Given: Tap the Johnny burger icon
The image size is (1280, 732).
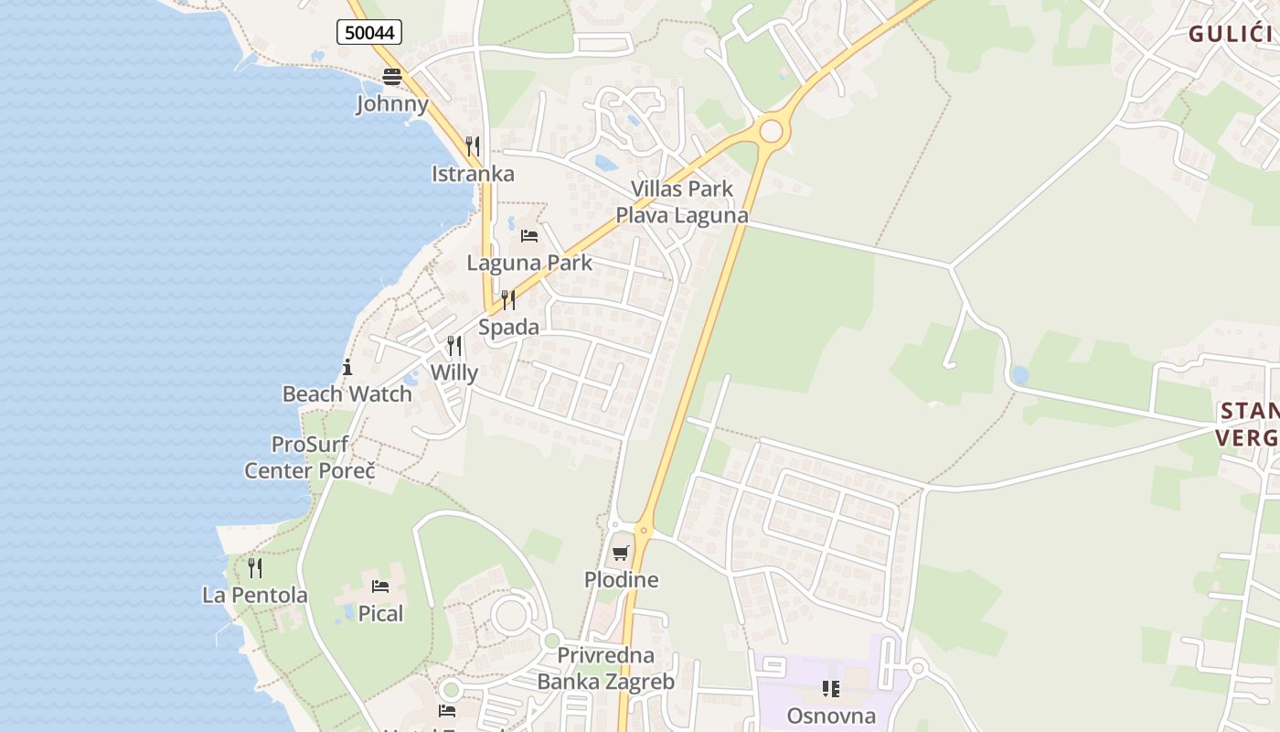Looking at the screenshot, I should click(x=392, y=76).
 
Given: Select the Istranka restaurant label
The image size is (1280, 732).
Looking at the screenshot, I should click(x=473, y=174).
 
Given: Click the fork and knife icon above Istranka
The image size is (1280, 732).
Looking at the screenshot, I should click(x=473, y=146).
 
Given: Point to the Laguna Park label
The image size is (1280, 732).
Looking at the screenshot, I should click(x=529, y=263).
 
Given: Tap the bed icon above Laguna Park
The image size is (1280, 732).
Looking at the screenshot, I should click(x=529, y=236).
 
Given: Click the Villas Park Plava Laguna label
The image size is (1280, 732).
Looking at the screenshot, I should click(x=681, y=202).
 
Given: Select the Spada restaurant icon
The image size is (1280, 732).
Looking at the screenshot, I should click(x=508, y=300).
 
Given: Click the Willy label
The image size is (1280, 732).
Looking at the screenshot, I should click(x=454, y=372).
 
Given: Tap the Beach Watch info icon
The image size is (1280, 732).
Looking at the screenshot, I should click(x=347, y=368).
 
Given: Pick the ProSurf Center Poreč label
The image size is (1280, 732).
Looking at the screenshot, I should click(x=310, y=457).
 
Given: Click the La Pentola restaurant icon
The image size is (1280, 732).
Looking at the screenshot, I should click(x=255, y=568).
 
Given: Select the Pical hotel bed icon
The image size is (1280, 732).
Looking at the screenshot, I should click(x=380, y=587).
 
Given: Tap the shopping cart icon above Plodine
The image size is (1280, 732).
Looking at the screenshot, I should click(x=621, y=553).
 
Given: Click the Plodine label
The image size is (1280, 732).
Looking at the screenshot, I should click(x=622, y=580).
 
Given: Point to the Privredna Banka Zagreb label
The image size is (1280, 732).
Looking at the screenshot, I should click(x=605, y=669).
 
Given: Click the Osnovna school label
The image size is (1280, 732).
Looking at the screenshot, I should click(x=831, y=716).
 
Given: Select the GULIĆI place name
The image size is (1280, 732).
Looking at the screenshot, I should click(x=1231, y=35).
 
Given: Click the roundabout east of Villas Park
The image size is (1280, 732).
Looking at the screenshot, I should click(x=771, y=131).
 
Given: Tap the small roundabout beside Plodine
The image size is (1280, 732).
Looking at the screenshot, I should click(x=645, y=529).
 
